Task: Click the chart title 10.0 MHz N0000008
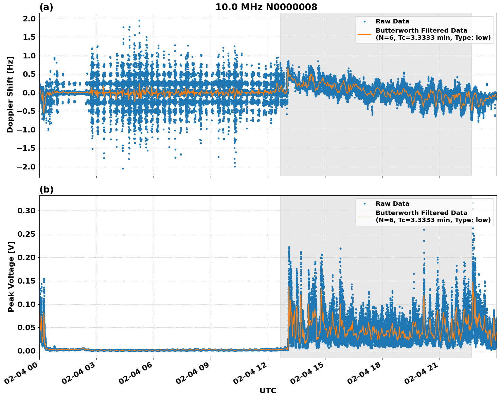[x=266, y=7]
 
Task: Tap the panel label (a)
[x=46, y=7]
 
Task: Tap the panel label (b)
[x=46, y=189]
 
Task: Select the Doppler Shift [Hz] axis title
[x=10, y=95]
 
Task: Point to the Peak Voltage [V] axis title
[x=11, y=276]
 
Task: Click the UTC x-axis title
[x=268, y=391]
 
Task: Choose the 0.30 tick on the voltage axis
[x=26, y=211]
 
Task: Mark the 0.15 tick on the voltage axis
[x=26, y=281]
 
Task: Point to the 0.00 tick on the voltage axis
[x=26, y=351]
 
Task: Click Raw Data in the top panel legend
[x=392, y=21]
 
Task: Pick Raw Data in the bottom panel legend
[x=392, y=204]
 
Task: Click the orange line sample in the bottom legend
[x=364, y=216]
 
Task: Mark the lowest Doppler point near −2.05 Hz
[x=123, y=168]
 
